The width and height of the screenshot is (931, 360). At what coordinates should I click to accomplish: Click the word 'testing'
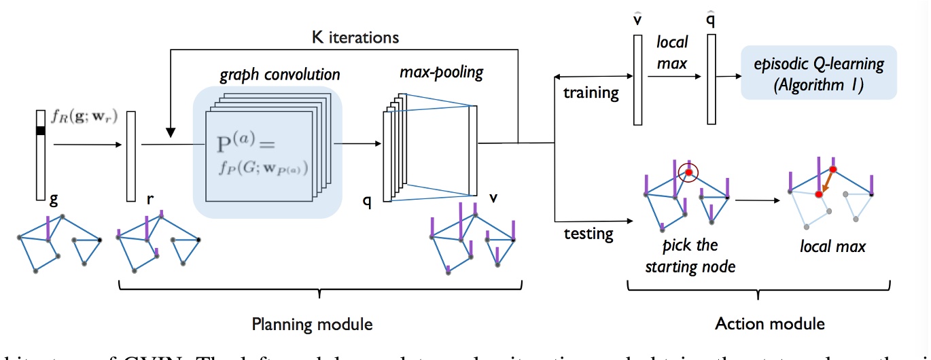coord(588,234)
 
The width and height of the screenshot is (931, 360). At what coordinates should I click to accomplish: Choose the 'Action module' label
coord(760,323)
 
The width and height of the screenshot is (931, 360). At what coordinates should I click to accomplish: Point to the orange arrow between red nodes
coord(826,181)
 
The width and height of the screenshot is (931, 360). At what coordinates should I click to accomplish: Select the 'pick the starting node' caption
coord(689,256)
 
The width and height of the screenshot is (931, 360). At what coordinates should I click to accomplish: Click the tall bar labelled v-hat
coord(637,79)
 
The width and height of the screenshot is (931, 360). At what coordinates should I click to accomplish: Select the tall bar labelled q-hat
coord(711,79)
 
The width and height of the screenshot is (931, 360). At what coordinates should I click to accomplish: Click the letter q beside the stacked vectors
coord(367,202)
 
